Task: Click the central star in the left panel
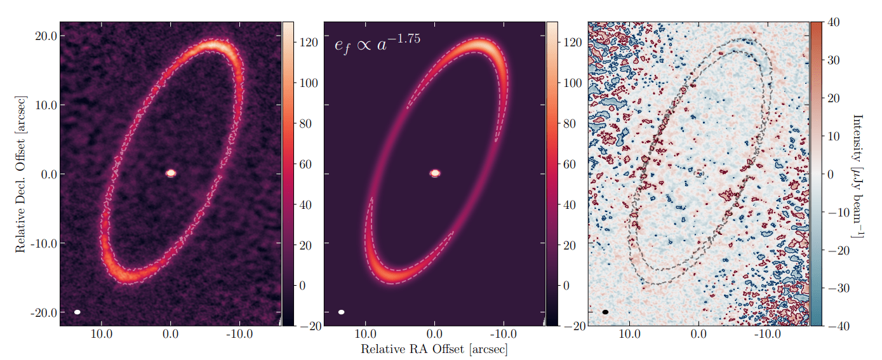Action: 170,173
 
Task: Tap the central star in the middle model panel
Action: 435,173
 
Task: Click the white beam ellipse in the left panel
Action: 77,312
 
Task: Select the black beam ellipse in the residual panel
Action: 606,312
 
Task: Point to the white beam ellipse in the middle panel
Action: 342,312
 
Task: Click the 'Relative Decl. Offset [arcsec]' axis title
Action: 21,173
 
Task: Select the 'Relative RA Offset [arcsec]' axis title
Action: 434,349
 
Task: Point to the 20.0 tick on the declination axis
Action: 46,36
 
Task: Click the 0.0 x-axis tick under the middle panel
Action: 434,334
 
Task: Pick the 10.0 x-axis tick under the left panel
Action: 102,334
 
